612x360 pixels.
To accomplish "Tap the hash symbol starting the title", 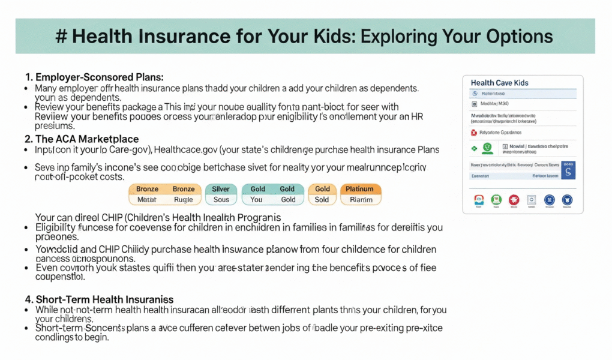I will pyautogui.click(x=60, y=37).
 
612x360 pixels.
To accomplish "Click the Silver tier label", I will pyautogui.click(x=221, y=189).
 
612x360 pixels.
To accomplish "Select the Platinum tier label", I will pyautogui.click(x=360, y=189).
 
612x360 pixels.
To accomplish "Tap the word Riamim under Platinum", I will pyautogui.click(x=360, y=200).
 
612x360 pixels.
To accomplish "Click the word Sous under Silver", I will pyautogui.click(x=221, y=200).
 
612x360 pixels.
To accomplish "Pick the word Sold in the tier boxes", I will pyautogui.click(x=322, y=200).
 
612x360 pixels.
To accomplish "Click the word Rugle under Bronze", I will pyautogui.click(x=184, y=200).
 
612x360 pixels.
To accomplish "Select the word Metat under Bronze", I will pyautogui.click(x=146, y=200).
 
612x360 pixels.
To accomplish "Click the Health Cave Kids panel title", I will pyautogui.click(x=499, y=83).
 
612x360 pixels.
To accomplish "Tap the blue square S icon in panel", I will pyautogui.click(x=568, y=170).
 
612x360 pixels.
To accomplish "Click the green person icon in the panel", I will pyautogui.click(x=488, y=146).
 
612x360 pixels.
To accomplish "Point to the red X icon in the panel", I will pyautogui.click(x=474, y=132).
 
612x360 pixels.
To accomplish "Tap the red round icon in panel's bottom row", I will pyautogui.click(x=514, y=200).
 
